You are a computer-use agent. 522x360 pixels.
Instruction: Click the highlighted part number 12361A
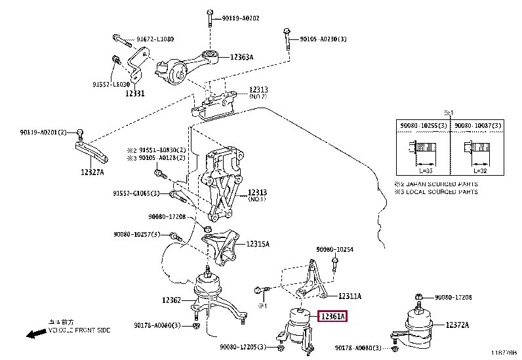coord(332,317)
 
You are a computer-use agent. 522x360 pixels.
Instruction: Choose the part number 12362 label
coord(171,301)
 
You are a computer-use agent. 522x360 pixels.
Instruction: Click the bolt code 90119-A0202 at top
coord(237,18)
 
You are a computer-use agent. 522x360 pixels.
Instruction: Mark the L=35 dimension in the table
coord(426,170)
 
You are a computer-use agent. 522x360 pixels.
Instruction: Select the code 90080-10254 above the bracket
coord(334,250)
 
